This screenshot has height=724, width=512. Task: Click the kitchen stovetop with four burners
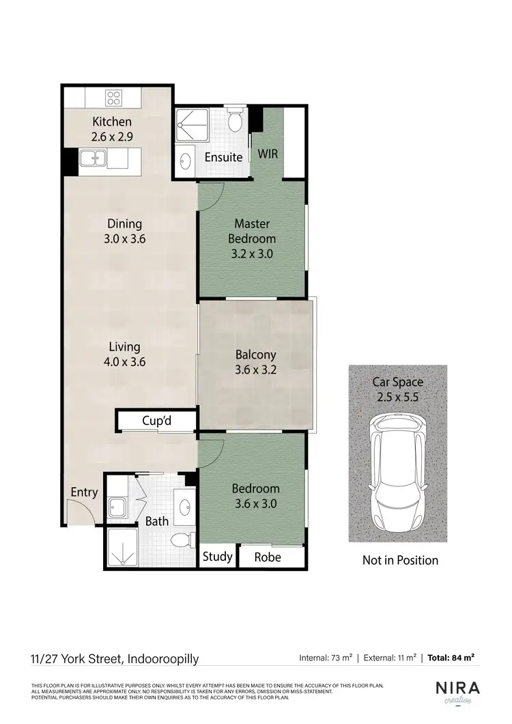pyautogui.click(x=112, y=96)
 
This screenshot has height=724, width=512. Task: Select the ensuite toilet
pyautogui.click(x=235, y=121)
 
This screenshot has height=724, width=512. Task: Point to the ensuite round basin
pyautogui.click(x=186, y=161)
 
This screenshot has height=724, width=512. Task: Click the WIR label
pyautogui.click(x=268, y=155)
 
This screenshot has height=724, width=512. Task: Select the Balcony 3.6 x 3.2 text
pyautogui.click(x=255, y=363)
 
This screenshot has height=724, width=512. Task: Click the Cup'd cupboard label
pyautogui.click(x=156, y=421)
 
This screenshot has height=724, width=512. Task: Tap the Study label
pyautogui.click(x=218, y=557)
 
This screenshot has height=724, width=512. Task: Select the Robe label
pyautogui.click(x=268, y=557)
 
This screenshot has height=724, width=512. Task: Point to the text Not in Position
pyautogui.click(x=400, y=560)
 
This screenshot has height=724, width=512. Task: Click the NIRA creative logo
pyautogui.click(x=457, y=692)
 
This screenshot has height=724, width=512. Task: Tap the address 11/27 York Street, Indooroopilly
pyautogui.click(x=115, y=658)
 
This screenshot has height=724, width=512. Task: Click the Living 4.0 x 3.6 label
pyautogui.click(x=124, y=354)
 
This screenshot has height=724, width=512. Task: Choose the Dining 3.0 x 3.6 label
pyautogui.click(x=124, y=231)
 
